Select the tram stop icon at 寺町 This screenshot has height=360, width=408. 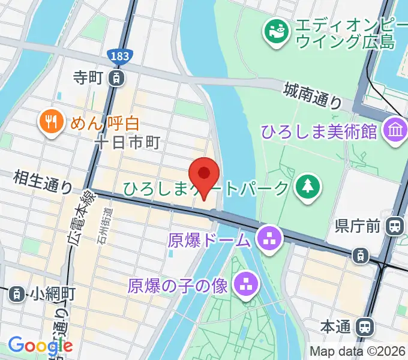click(x=117, y=77)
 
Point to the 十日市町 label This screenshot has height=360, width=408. click(x=129, y=143)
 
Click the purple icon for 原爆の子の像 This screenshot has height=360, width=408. click(x=245, y=285)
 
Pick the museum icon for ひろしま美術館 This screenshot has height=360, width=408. click(x=395, y=131)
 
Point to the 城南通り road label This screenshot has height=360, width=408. click(x=313, y=95)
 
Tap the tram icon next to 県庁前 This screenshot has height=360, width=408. click(x=395, y=226)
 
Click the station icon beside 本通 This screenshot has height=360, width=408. click(x=364, y=327)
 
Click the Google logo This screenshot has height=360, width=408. click(x=40, y=345)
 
